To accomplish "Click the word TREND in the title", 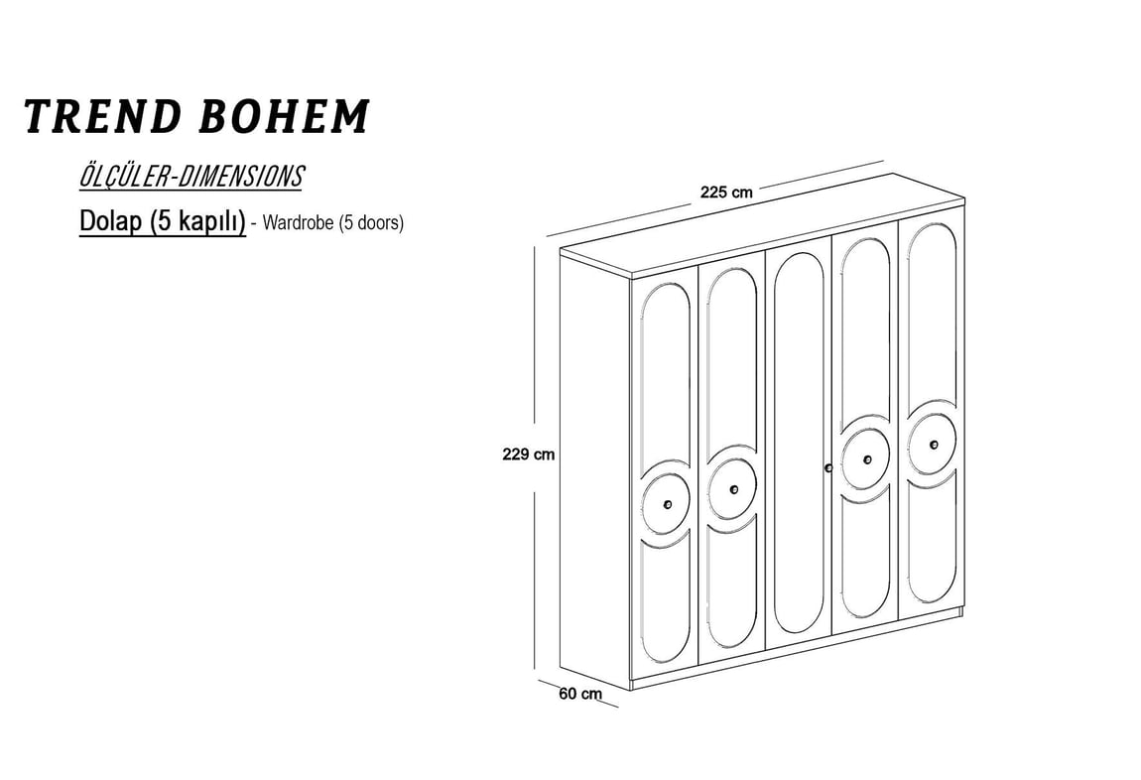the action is click(x=102, y=116).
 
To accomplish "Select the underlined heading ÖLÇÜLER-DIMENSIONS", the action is click(x=190, y=176).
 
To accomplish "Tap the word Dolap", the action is click(x=110, y=221).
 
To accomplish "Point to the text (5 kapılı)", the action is click(x=197, y=222).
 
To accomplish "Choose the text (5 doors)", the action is click(x=371, y=222).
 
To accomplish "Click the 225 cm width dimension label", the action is click(x=726, y=193).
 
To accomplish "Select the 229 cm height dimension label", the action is click(x=528, y=455).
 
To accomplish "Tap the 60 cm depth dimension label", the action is click(x=580, y=694).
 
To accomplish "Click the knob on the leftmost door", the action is click(x=668, y=504).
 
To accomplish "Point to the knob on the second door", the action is click(x=733, y=489).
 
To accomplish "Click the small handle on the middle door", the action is click(x=828, y=467).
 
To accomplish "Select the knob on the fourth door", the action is click(x=867, y=459).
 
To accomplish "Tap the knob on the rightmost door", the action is click(x=934, y=445).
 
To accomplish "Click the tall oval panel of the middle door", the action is click(x=799, y=443).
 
